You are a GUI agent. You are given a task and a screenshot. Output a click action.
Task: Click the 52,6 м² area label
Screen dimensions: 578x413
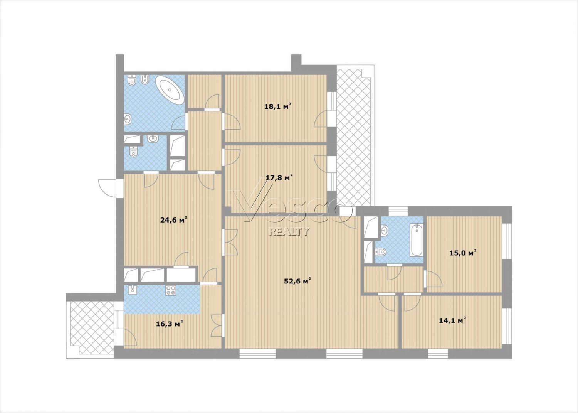(297, 281)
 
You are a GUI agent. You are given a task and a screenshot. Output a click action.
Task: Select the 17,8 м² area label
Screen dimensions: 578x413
(279, 177)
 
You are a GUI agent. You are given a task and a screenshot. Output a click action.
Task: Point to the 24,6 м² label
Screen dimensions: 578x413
(174, 220)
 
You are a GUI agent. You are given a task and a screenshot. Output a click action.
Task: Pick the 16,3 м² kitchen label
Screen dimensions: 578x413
(170, 324)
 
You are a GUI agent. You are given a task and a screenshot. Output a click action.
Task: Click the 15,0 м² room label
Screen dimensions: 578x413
(463, 253)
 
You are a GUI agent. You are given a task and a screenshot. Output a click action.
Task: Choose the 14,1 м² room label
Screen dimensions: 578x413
(452, 320)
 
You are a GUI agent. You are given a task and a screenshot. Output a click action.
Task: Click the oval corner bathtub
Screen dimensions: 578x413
(170, 90)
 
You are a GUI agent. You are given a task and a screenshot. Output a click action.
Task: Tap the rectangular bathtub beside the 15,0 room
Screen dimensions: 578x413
(417, 240)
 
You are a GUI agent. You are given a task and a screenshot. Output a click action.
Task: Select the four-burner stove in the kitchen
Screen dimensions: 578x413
(170, 290)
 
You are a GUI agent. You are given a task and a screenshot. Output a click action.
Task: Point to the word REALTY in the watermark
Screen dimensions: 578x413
(289, 232)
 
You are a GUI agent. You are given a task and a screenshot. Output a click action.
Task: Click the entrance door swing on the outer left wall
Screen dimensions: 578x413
(108, 188)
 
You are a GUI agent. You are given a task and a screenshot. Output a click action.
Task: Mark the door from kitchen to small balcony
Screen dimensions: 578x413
(130, 337)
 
